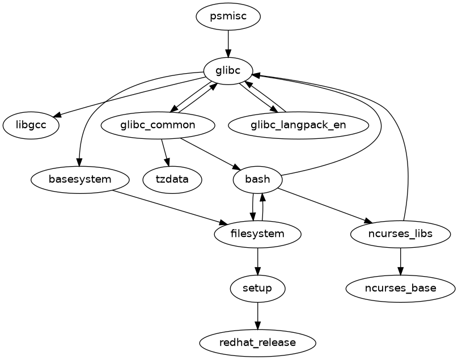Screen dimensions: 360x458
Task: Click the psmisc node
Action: (x=228, y=16)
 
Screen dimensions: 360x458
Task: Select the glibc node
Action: (x=228, y=71)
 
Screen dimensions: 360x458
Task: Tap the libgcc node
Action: (x=31, y=125)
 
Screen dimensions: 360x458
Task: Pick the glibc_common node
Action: (x=158, y=125)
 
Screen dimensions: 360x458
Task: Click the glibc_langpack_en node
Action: (x=298, y=125)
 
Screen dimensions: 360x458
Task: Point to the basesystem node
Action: (x=80, y=180)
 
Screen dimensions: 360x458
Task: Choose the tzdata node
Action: (x=172, y=180)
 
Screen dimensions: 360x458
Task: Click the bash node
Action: (x=258, y=180)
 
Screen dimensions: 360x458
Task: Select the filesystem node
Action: (x=258, y=234)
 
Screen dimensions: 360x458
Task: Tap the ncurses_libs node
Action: (x=401, y=234)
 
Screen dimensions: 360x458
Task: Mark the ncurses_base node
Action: (x=401, y=289)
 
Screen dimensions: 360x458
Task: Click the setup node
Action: (x=258, y=289)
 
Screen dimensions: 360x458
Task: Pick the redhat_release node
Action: (x=258, y=343)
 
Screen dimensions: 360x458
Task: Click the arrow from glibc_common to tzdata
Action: (x=165, y=153)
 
